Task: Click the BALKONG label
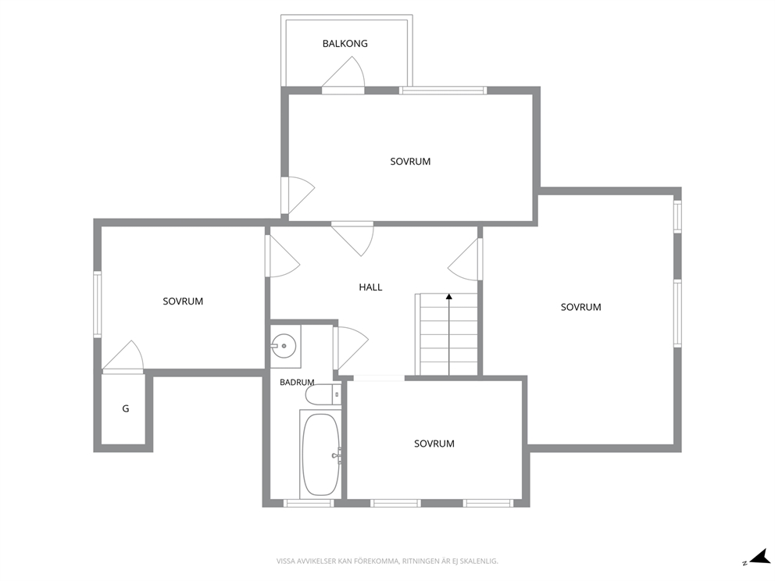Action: coord(345,44)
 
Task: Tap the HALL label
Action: coord(370,287)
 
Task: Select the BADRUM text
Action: coord(297,382)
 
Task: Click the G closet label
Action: coord(126,408)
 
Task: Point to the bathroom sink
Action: coord(284,346)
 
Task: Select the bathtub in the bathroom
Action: coord(321,454)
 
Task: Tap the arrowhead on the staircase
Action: coord(448,297)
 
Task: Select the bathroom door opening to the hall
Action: coord(350,348)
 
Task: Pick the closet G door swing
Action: coord(123,357)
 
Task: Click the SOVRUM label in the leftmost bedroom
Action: coord(183,301)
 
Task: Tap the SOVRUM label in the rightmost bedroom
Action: coord(580,308)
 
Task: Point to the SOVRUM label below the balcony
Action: coord(410,162)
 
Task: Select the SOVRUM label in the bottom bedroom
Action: coord(434,444)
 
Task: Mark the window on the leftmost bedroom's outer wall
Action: coord(98,305)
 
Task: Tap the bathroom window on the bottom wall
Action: coord(309,504)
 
